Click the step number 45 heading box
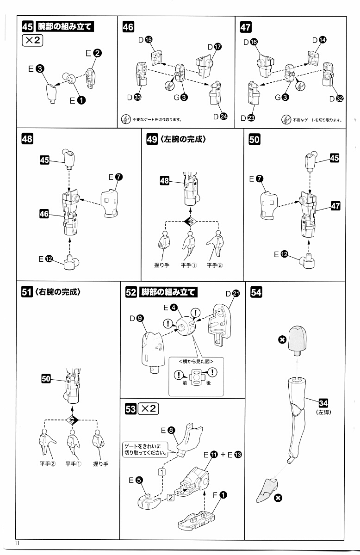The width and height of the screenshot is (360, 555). click(x=27, y=27)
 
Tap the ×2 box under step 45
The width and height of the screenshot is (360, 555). click(x=32, y=40)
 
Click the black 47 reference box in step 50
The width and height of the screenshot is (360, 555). click(x=335, y=206)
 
